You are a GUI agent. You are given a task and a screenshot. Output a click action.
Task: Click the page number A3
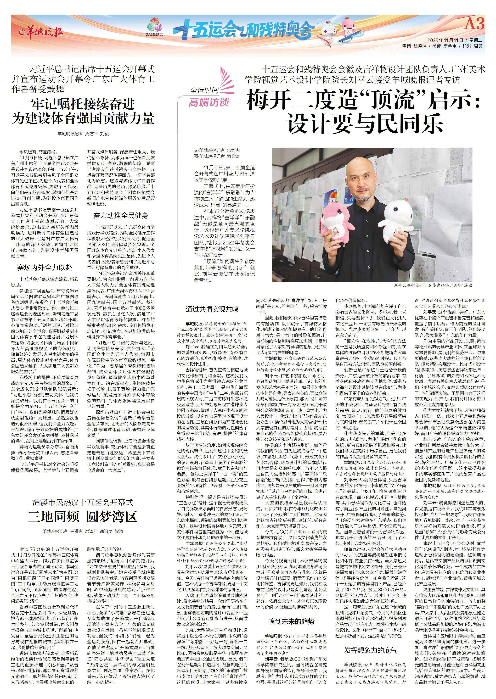click(474, 24)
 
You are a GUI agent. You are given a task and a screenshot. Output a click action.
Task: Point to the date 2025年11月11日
click(445, 40)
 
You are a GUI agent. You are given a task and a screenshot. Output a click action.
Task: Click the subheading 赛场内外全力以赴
click(45, 268)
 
